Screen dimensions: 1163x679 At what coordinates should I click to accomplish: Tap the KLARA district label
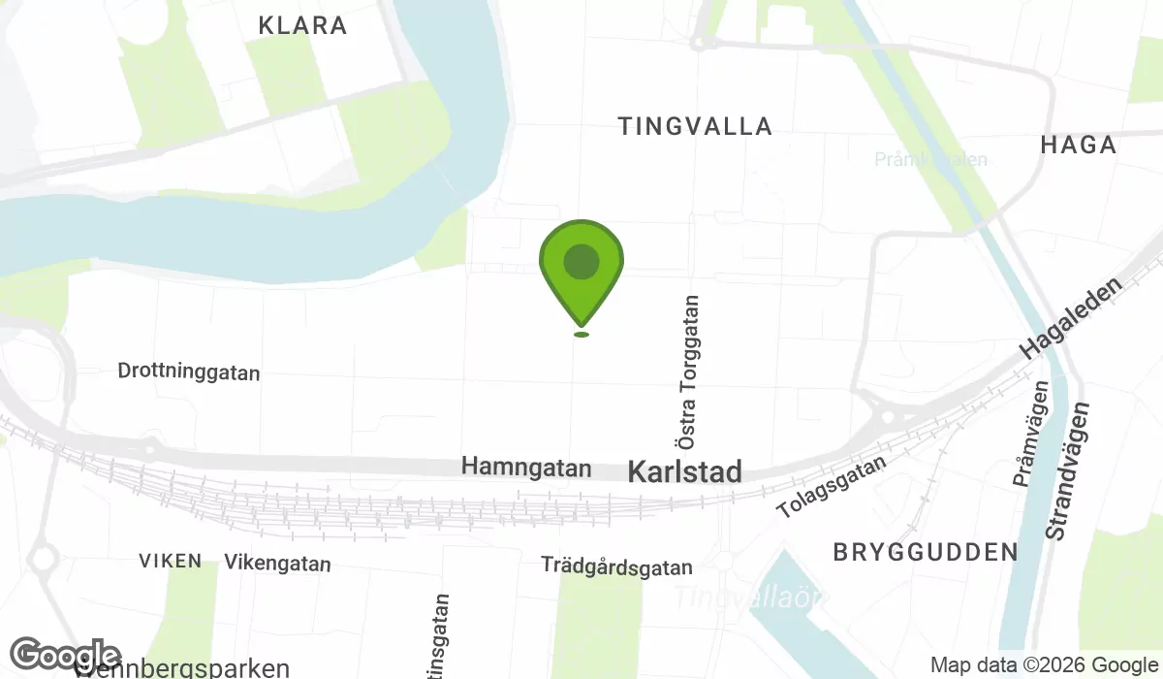click(302, 26)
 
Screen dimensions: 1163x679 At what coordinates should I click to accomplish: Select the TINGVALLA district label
click(695, 126)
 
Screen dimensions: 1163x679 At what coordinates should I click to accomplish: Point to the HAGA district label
click(1078, 145)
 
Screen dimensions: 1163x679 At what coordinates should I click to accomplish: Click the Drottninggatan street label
click(188, 372)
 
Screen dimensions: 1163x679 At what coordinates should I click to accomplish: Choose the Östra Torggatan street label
click(689, 372)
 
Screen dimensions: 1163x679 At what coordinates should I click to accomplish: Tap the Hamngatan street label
click(526, 467)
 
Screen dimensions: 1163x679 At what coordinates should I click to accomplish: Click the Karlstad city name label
click(684, 472)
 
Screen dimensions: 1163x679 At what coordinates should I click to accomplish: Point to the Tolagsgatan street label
click(833, 487)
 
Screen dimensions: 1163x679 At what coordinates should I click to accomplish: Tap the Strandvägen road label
click(1067, 471)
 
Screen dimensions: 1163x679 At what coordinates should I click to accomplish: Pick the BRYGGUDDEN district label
click(926, 552)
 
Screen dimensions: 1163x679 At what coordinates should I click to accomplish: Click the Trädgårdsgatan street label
click(616, 566)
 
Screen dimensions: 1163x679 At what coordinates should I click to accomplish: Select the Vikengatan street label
click(277, 563)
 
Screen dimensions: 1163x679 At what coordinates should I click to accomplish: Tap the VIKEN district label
click(171, 561)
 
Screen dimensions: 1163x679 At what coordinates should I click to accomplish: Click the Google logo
click(65, 655)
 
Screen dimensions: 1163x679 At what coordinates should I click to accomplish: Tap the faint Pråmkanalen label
click(930, 159)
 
